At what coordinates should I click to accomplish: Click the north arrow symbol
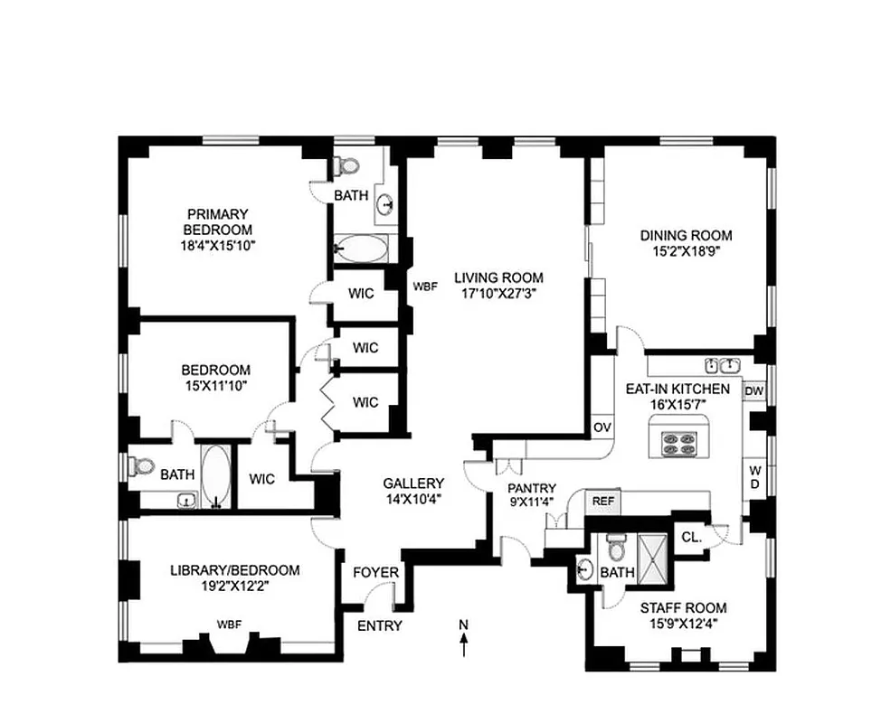(x=464, y=641)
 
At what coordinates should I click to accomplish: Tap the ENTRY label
(x=380, y=625)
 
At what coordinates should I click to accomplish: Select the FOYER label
(x=374, y=571)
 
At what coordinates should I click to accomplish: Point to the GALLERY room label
(x=412, y=484)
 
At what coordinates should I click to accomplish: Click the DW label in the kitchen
(x=753, y=391)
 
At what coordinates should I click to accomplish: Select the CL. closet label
(x=691, y=536)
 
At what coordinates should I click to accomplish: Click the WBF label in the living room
(x=425, y=286)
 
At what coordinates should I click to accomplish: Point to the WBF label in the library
(x=229, y=624)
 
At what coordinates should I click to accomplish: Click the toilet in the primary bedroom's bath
(x=346, y=166)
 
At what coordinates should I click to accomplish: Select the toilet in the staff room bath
(x=617, y=547)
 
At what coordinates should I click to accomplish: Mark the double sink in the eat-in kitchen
(x=722, y=365)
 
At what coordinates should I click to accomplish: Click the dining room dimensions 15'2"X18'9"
(x=686, y=252)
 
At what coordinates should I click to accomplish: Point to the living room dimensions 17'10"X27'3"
(x=498, y=292)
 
